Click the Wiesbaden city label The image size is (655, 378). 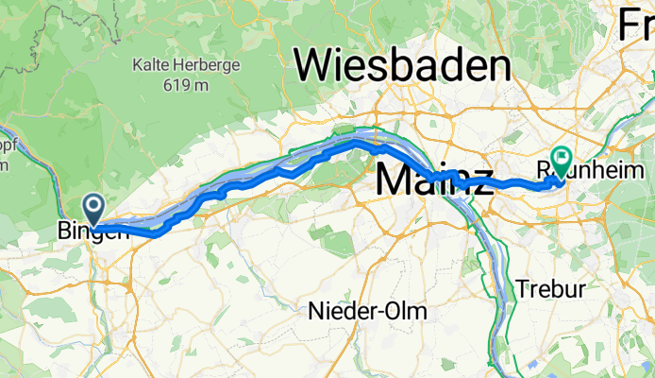(403, 67)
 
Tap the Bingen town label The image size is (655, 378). (92, 230)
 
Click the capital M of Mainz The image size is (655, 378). (396, 180)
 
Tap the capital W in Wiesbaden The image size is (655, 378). (314, 67)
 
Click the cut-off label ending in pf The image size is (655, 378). (5, 150)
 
